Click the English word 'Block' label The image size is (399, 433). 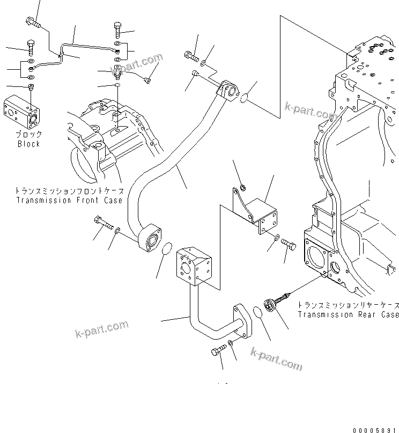tap(28, 144)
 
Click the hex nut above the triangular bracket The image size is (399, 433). tap(241, 187)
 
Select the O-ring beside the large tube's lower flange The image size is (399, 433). tap(167, 250)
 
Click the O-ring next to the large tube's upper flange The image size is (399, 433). tap(244, 99)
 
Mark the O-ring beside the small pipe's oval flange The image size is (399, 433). tap(258, 313)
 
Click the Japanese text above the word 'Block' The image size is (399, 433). tap(28, 134)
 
